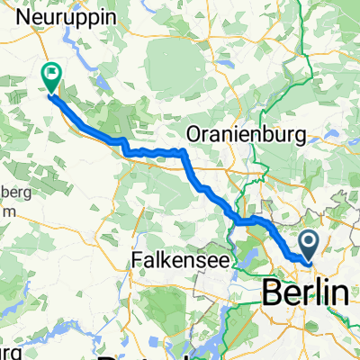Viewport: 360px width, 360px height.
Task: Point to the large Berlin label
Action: tap(305, 292)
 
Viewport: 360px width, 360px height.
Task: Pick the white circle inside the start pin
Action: tap(308, 240)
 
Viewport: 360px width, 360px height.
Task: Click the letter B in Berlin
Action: tap(270, 292)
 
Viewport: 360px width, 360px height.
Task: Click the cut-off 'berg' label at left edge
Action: tap(15, 193)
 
